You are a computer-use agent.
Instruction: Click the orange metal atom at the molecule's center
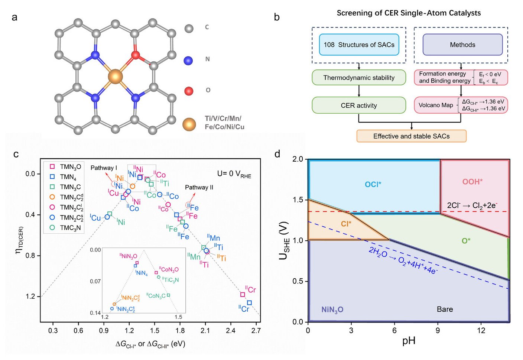tap(115, 77)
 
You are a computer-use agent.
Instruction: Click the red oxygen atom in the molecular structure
tap(136, 56)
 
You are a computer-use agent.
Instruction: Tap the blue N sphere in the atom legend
tap(188, 61)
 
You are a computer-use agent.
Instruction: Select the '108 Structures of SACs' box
tap(359, 45)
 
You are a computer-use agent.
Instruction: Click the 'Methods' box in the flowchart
tap(462, 45)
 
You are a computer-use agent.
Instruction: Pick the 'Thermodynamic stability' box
tap(359, 78)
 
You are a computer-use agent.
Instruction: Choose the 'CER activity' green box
tap(359, 106)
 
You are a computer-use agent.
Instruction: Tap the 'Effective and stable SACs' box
tap(411, 136)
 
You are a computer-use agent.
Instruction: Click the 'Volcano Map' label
tap(436, 105)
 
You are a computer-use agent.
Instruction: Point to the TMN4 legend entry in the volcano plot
tap(68, 177)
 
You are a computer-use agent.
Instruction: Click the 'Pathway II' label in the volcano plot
tap(199, 187)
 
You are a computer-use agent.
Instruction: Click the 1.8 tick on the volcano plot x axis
tap(180, 331)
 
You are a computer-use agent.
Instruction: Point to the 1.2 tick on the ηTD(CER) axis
tap(30, 296)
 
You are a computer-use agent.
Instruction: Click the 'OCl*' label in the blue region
tap(373, 185)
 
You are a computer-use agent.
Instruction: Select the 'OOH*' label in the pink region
tap(472, 182)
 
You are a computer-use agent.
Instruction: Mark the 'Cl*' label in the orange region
tap(346, 224)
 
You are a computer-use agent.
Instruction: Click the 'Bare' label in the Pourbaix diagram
tap(445, 309)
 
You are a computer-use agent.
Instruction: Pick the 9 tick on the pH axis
tap(438, 330)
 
